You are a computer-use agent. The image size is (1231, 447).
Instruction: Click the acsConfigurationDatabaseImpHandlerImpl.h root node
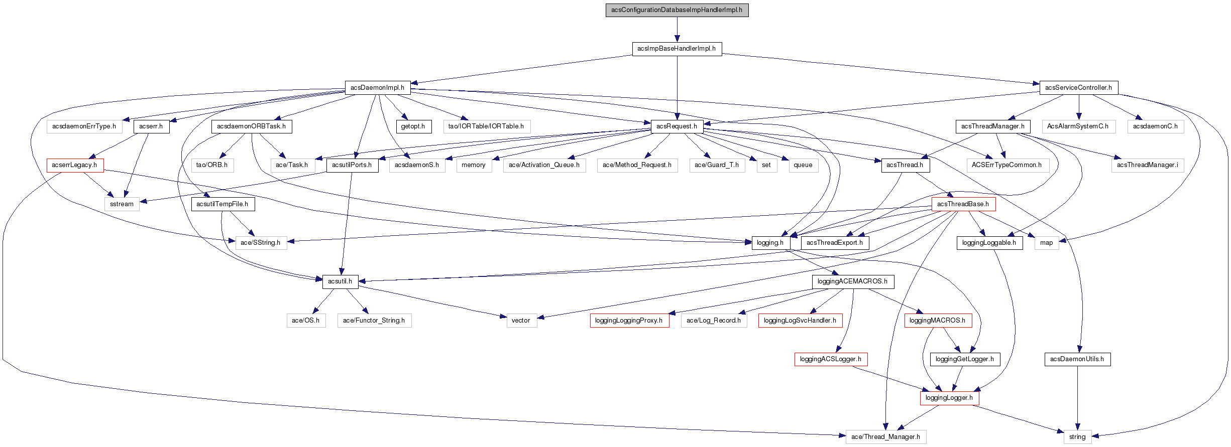pos(677,10)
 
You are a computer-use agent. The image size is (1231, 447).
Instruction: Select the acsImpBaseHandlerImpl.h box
pos(677,49)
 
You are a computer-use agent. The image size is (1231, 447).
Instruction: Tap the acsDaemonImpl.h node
pos(377,87)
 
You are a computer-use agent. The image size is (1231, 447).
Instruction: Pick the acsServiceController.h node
pos(1078,87)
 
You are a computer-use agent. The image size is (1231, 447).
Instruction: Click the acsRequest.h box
pos(677,126)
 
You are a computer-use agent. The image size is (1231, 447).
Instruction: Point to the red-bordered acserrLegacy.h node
pos(75,165)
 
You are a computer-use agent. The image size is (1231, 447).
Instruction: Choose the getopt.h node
pos(413,126)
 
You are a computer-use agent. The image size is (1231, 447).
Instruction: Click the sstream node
pos(122,204)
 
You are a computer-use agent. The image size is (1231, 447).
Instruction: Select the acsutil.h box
pos(340,281)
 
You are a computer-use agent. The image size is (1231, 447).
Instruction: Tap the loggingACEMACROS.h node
pos(852,281)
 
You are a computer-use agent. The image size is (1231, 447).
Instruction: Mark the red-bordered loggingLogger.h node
pos(949,398)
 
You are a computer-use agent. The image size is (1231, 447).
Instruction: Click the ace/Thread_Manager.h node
pos(885,437)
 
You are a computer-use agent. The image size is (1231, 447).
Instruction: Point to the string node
pos(1077,437)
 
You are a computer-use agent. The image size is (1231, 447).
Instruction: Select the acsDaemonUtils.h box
pos(1077,359)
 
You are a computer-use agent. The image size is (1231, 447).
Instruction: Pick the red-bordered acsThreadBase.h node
pos(963,204)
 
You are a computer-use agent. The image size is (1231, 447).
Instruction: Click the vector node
pos(521,321)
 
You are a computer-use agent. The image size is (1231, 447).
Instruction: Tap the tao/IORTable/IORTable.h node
pos(486,126)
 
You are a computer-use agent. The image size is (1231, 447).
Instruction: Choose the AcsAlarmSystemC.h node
pos(1078,126)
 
